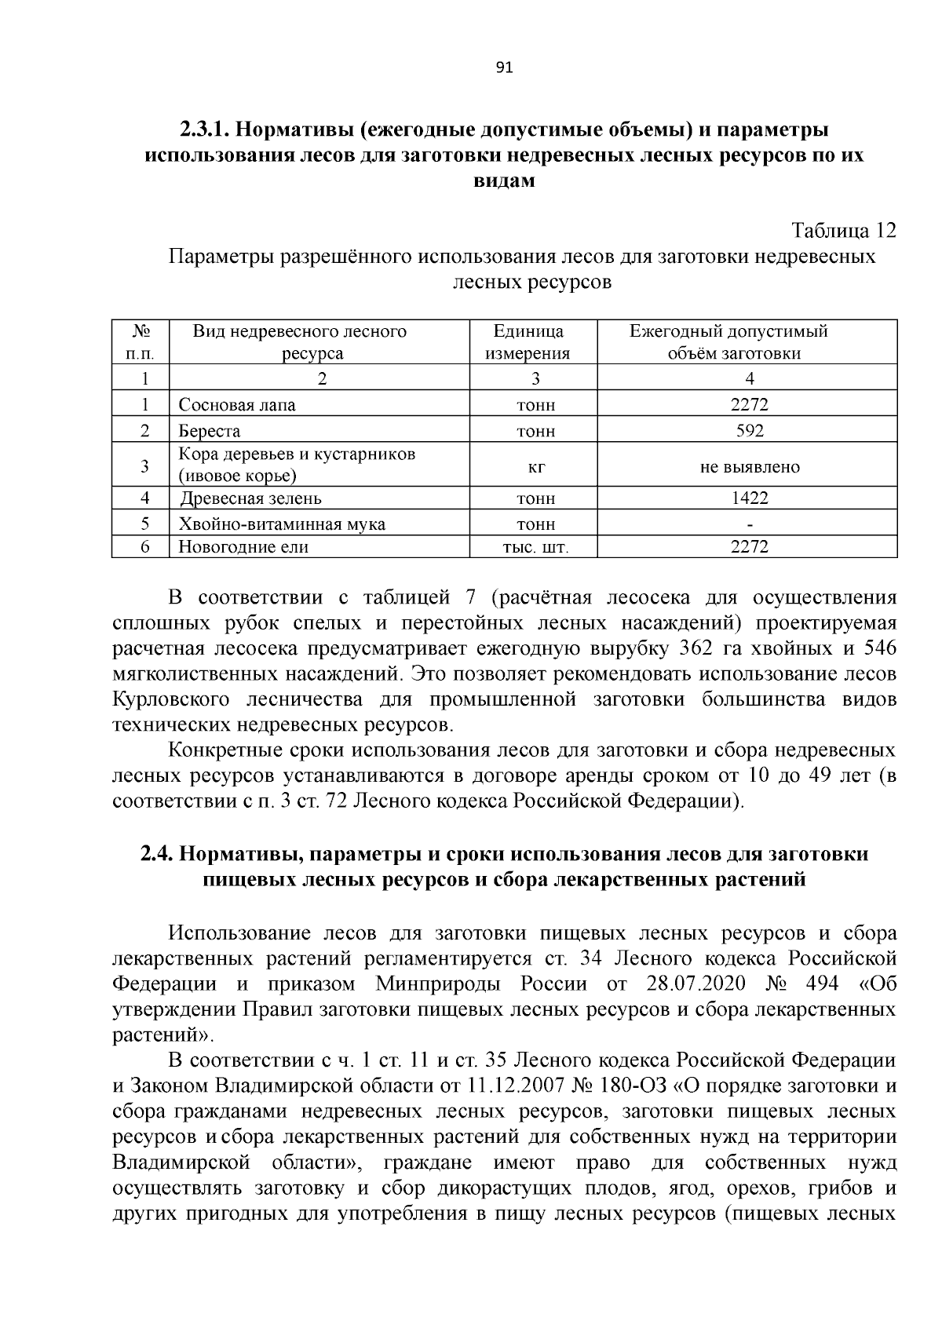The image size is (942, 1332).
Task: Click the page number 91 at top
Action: pyautogui.click(x=504, y=68)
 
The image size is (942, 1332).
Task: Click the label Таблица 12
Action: pyautogui.click(x=843, y=232)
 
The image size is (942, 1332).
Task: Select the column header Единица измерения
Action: pyautogui.click(x=528, y=341)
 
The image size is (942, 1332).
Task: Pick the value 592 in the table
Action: pyautogui.click(x=749, y=431)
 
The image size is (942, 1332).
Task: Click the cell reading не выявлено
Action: pyautogui.click(x=750, y=467)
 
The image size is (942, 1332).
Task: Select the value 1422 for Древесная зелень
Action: pyautogui.click(x=749, y=498)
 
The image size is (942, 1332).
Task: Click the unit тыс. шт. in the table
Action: pyautogui.click(x=534, y=548)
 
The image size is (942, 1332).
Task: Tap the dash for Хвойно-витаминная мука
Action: pyautogui.click(x=750, y=524)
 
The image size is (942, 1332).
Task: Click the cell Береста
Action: pyautogui.click(x=210, y=431)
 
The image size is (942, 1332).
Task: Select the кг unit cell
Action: pyautogui.click(x=535, y=467)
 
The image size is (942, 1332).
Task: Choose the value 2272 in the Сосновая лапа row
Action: pyautogui.click(x=749, y=405)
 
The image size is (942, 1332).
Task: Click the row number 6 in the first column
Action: pyautogui.click(x=144, y=547)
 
